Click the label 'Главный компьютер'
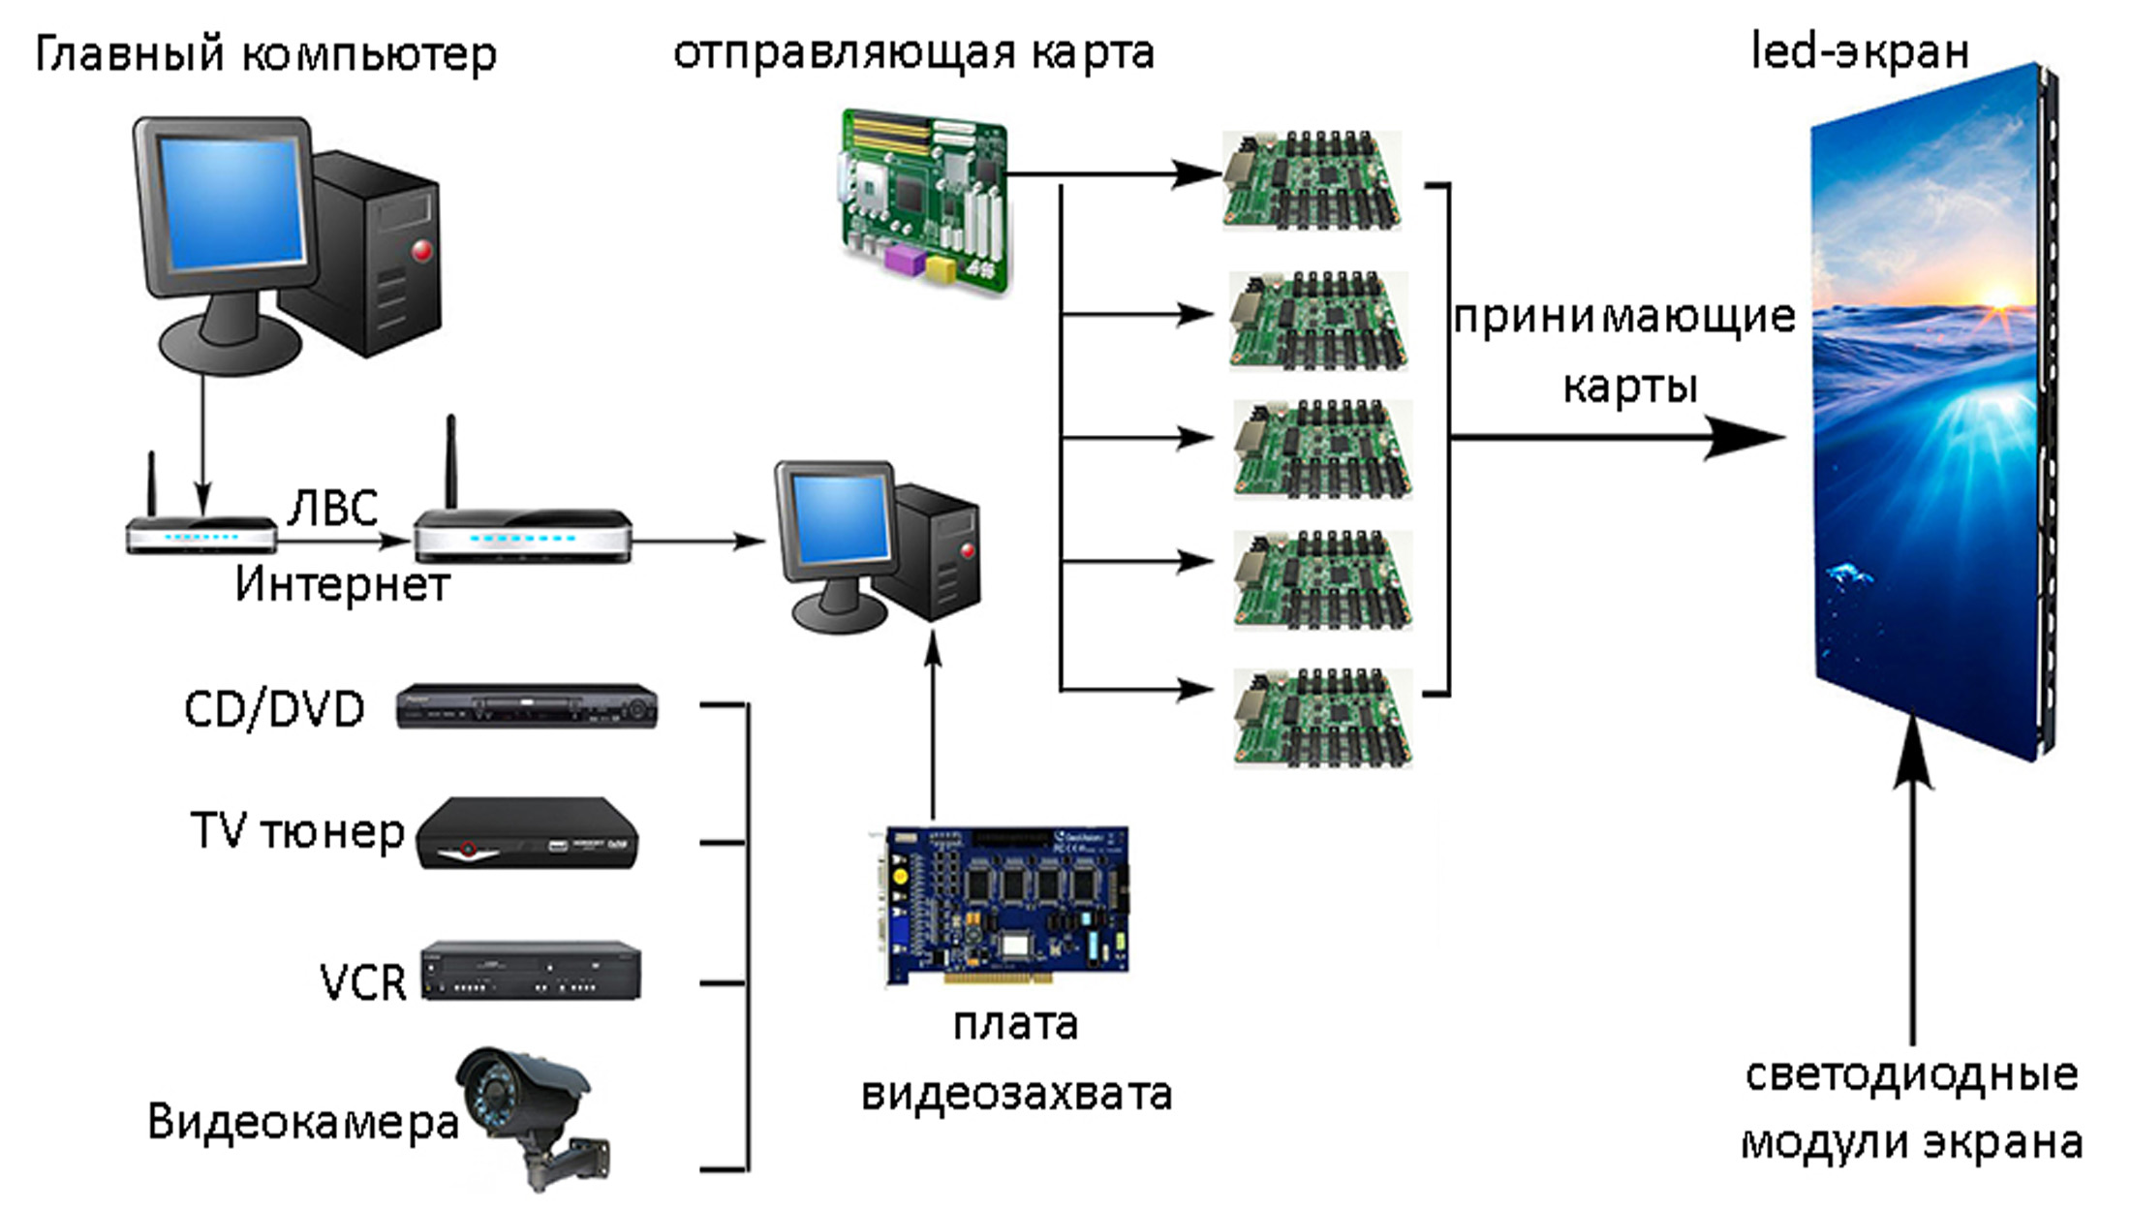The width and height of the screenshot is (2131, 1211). click(x=265, y=54)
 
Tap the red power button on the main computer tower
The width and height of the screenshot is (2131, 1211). click(x=422, y=252)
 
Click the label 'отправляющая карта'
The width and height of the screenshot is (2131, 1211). click(x=913, y=53)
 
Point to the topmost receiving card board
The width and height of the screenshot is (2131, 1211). click(x=1312, y=180)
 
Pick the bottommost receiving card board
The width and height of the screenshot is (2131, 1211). click(x=1322, y=717)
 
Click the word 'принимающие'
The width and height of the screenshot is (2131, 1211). click(x=1624, y=317)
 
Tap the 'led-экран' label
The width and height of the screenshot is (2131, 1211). click(x=1860, y=51)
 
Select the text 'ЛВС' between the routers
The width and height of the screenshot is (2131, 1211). click(x=333, y=509)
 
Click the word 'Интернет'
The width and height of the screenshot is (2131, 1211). click(x=342, y=584)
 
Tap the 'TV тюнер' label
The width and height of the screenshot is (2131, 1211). click(x=297, y=831)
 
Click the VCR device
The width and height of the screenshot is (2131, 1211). click(x=531, y=971)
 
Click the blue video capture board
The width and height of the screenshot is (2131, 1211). click(x=1007, y=905)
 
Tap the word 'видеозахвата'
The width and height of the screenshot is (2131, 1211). click(x=1016, y=1094)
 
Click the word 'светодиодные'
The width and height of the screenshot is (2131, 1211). click(x=1911, y=1074)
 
